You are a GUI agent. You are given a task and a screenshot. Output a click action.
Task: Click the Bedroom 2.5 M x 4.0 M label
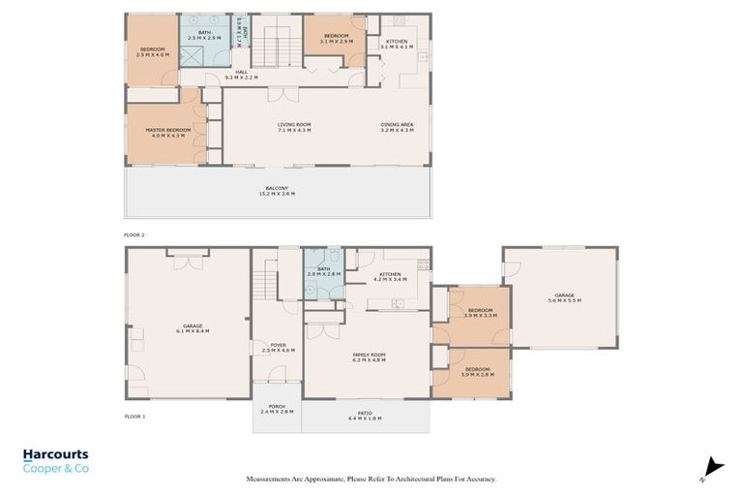[x=153, y=51]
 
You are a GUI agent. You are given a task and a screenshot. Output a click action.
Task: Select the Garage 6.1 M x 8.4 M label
[x=193, y=328]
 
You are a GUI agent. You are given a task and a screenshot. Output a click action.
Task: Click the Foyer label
[x=278, y=347]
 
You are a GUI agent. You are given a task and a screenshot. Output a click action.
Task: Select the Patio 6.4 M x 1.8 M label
[x=365, y=417]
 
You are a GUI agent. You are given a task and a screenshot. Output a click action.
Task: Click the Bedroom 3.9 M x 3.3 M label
[x=480, y=313]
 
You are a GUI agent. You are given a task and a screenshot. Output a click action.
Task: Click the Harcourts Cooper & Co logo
[x=56, y=460]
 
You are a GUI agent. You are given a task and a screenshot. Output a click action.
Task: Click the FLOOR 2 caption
[x=134, y=234]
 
